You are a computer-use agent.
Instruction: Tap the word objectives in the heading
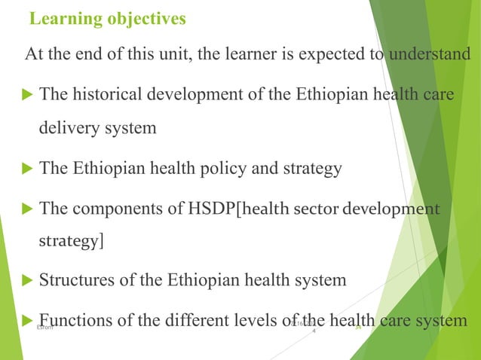(x=143, y=19)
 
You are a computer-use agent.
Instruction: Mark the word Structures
(x=72, y=281)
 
